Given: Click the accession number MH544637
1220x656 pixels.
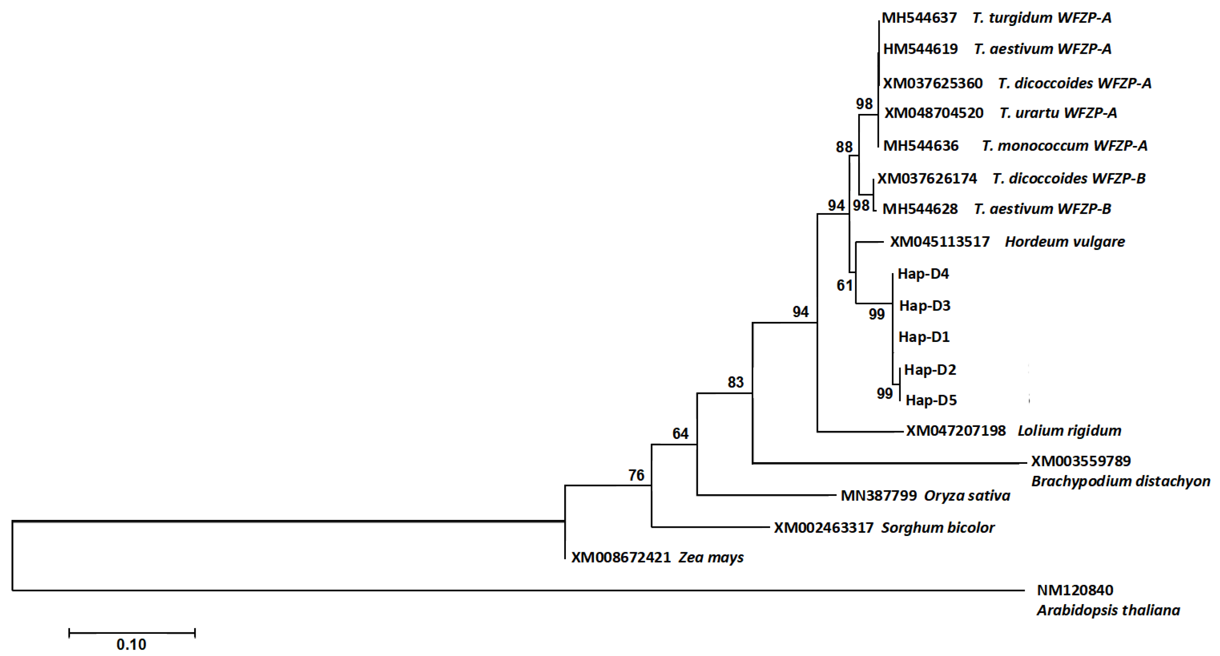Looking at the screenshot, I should pyautogui.click(x=919, y=18).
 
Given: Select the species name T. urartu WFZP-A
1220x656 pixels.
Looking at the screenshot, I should pyautogui.click(x=1058, y=113).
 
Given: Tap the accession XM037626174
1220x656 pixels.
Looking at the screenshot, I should pyautogui.click(x=927, y=178).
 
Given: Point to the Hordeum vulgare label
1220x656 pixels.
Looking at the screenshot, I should pyautogui.click(x=1065, y=242).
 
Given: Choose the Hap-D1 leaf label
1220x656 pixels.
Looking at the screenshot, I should pyautogui.click(x=924, y=337).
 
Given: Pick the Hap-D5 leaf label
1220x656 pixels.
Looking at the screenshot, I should pyautogui.click(x=931, y=401).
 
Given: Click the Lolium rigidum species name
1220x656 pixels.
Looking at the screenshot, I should pyautogui.click(x=1069, y=431).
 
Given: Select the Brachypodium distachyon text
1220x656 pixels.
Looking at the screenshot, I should pyautogui.click(x=1121, y=481).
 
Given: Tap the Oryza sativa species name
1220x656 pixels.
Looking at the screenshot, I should pyautogui.click(x=967, y=495).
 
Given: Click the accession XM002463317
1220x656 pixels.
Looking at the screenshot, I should pyautogui.click(x=824, y=528).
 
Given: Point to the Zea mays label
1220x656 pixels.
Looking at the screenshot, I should pyautogui.click(x=711, y=557).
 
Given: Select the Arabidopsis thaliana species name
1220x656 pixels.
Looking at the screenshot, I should pyautogui.click(x=1108, y=610).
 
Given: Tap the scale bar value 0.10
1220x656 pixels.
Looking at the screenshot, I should pyautogui.click(x=131, y=645).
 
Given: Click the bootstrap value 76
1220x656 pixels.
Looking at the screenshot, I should pyautogui.click(x=636, y=475).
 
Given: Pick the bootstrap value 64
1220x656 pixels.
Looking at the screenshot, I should pyautogui.click(x=680, y=434).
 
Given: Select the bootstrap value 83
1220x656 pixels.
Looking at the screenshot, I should pyautogui.click(x=736, y=383).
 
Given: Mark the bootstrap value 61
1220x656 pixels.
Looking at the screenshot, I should pyautogui.click(x=844, y=285).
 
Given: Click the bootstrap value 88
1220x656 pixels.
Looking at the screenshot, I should pyautogui.click(x=844, y=147).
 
